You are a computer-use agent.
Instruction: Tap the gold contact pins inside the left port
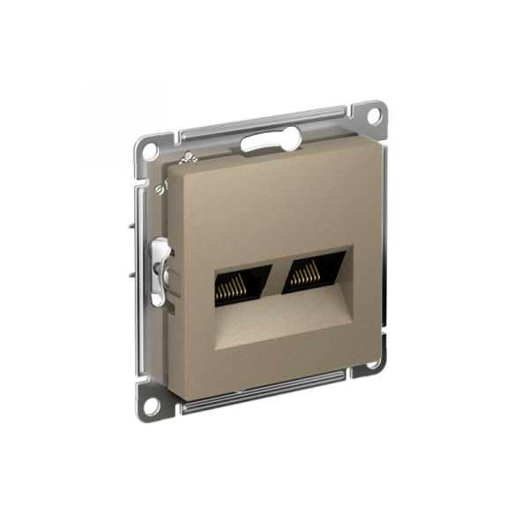(231, 287)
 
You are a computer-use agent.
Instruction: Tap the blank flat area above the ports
(264, 203)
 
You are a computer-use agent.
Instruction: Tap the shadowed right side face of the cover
(384, 247)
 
